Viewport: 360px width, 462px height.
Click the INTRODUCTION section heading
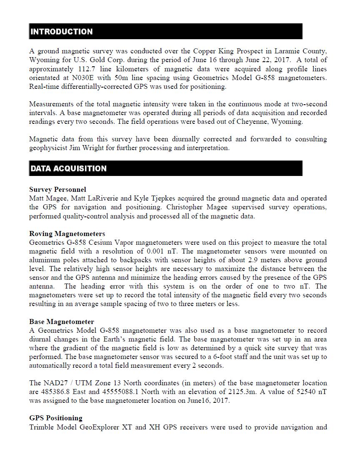pos(62,32)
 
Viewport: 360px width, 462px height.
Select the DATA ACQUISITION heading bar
pos(68,168)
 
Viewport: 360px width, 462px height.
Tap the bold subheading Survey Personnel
pos(57,189)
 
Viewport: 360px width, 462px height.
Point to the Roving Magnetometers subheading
pos(67,234)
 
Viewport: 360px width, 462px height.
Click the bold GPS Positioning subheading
pos(56,418)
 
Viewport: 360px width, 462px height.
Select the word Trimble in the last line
pos(41,427)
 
